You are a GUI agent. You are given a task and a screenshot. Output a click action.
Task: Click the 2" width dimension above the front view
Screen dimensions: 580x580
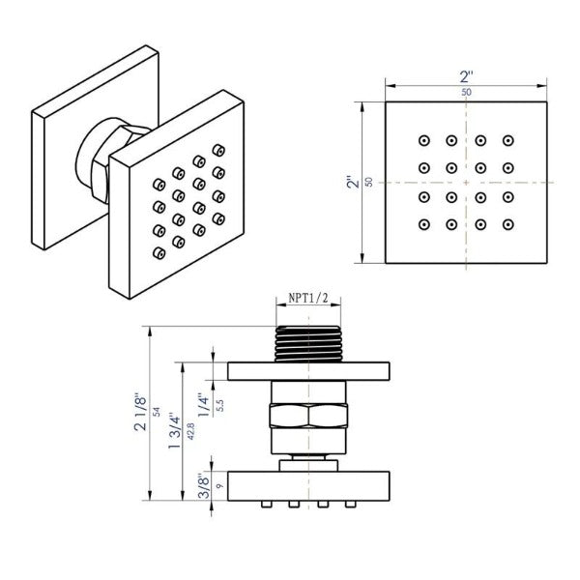pos(468,74)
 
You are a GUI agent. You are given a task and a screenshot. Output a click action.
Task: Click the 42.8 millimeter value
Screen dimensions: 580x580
pos(189,431)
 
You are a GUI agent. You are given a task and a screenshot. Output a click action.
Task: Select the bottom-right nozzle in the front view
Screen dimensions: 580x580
pos(511,226)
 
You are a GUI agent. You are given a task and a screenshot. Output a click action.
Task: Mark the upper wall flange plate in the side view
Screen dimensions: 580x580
pos(308,371)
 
